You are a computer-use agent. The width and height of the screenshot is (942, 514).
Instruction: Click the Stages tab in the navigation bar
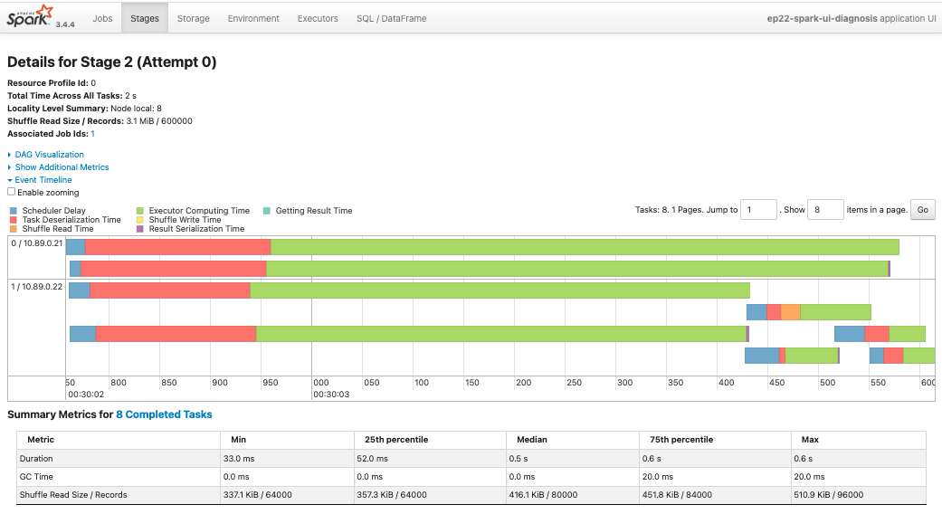click(x=145, y=18)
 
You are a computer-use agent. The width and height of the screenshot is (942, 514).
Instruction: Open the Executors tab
click(x=318, y=18)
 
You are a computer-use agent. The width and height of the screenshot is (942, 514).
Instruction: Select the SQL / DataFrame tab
click(x=391, y=18)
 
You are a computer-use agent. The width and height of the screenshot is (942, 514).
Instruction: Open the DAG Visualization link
click(x=49, y=155)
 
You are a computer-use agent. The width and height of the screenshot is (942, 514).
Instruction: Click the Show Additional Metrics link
click(x=62, y=167)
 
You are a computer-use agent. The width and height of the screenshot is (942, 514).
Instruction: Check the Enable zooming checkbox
click(x=12, y=192)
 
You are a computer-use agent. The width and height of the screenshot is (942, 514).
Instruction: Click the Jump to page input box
click(x=759, y=210)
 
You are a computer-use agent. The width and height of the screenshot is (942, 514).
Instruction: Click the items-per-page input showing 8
click(x=825, y=210)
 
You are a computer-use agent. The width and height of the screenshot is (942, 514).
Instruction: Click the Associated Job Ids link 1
click(x=92, y=133)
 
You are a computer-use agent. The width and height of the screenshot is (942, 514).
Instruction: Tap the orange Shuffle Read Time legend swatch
click(x=14, y=229)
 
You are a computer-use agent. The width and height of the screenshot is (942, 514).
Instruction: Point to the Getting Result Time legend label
click(x=314, y=211)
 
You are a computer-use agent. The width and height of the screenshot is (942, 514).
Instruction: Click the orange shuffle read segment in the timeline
click(x=791, y=312)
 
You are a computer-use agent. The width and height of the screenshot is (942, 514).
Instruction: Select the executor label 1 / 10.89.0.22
click(x=36, y=287)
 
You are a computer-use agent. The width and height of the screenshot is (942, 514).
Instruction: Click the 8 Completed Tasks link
click(x=164, y=414)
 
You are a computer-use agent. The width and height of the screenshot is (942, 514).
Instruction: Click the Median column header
click(x=532, y=440)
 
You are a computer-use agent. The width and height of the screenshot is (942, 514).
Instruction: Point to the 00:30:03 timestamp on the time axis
click(x=331, y=395)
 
